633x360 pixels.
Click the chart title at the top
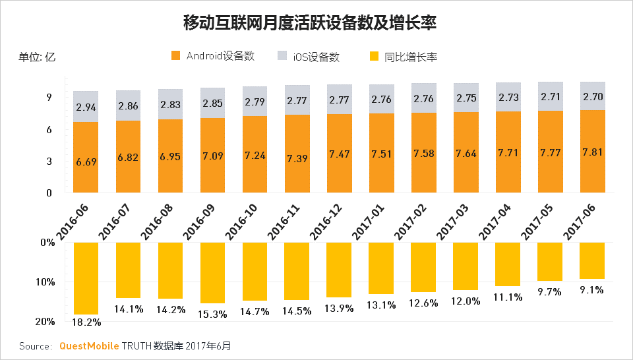click(310, 23)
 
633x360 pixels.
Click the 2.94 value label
click(86, 107)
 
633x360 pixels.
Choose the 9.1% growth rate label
click(592, 289)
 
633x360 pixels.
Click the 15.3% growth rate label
click(213, 315)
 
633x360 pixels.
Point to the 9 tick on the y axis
click(49, 98)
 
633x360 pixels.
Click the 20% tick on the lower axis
click(45, 322)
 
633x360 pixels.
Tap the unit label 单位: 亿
click(38, 57)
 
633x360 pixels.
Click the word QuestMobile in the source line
click(89, 345)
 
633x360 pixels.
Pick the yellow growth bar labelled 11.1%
click(508, 264)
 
